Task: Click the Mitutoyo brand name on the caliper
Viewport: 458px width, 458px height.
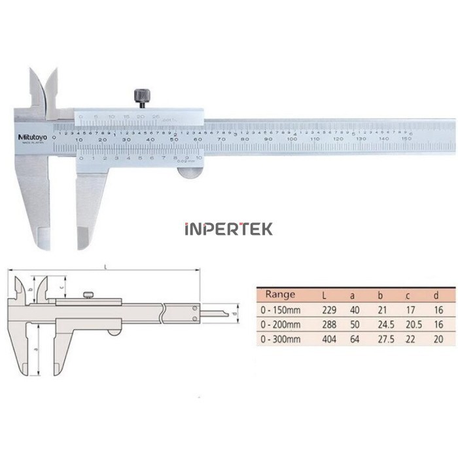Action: point(29,135)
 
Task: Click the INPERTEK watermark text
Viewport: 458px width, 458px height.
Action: point(228,229)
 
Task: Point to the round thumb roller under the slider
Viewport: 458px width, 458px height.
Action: point(190,173)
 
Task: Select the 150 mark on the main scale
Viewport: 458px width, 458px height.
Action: point(406,139)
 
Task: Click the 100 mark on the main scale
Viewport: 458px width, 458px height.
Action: point(291,139)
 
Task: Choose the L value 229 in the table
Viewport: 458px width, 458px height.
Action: point(329,309)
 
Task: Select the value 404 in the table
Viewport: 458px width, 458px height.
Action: point(329,339)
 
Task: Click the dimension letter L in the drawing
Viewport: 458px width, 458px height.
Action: point(106,265)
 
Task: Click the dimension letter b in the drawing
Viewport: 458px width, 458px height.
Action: point(33,287)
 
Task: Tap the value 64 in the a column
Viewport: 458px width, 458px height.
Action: point(355,339)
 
